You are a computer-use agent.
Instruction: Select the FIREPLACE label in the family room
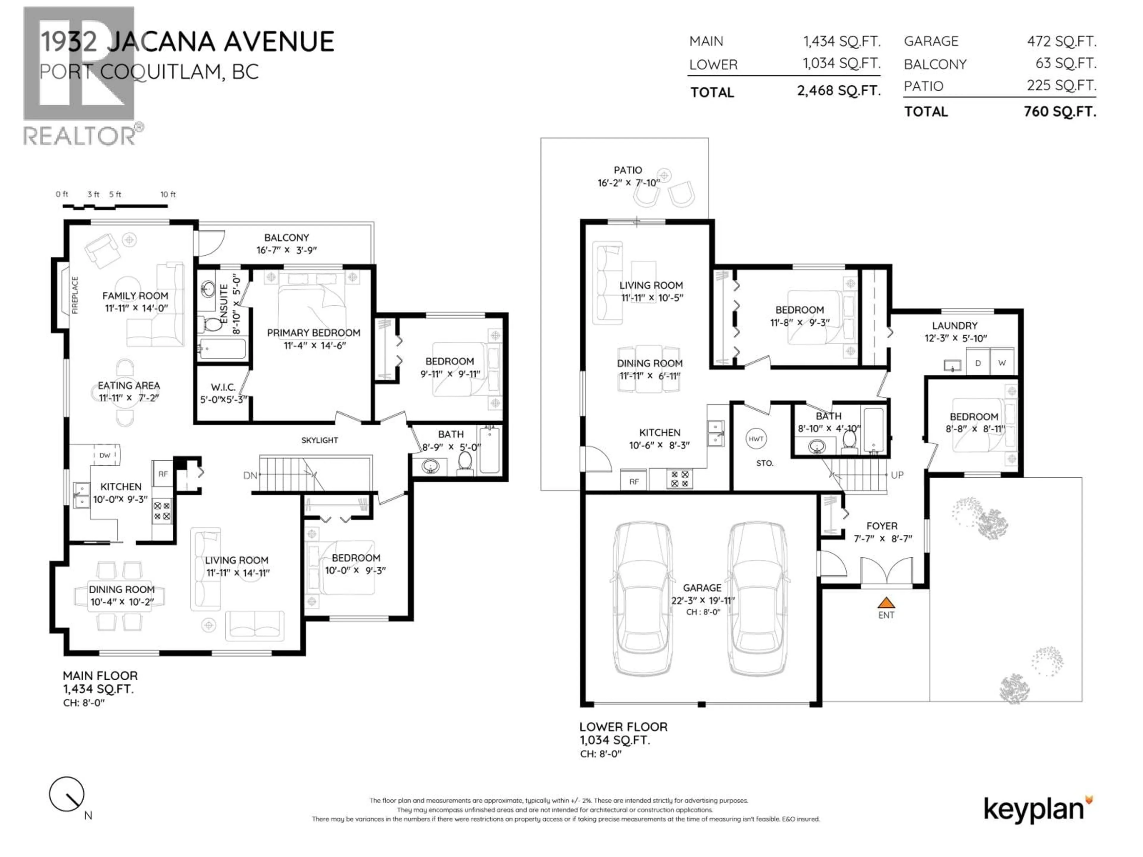[x=75, y=295]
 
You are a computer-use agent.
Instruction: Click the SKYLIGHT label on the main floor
[x=319, y=440]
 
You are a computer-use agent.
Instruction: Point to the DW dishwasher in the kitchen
[x=105, y=455]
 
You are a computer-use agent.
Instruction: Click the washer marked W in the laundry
[x=1002, y=363]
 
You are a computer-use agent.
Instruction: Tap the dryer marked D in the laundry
[x=978, y=363]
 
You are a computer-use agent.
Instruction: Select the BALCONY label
[x=286, y=238]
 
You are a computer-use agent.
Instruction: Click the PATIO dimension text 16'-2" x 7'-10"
[x=628, y=183]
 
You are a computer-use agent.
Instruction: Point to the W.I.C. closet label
[x=223, y=387]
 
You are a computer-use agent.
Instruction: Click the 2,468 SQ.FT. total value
[x=838, y=91]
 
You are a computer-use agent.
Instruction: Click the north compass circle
[x=67, y=794]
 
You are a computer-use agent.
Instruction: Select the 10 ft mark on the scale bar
[x=167, y=195]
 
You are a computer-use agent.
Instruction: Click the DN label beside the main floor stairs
[x=250, y=475]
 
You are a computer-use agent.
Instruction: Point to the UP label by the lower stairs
[x=897, y=475]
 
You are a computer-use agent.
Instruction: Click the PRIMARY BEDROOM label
[x=313, y=333]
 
